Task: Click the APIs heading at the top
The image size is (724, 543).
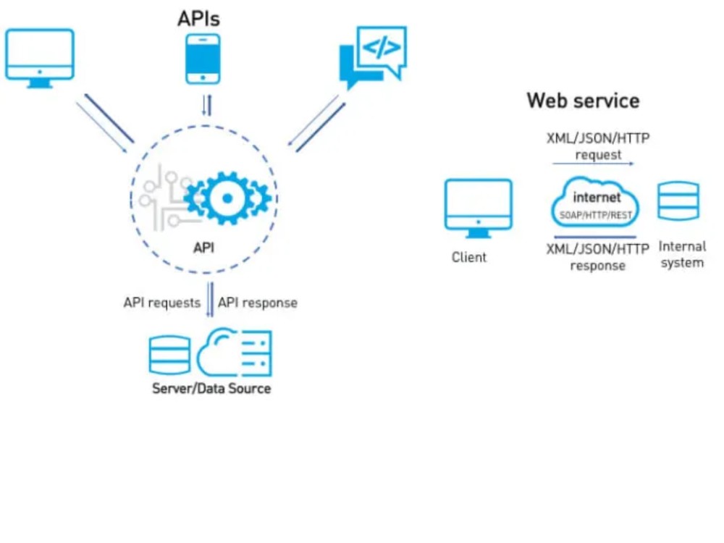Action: click(198, 19)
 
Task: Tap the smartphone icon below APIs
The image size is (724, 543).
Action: click(203, 59)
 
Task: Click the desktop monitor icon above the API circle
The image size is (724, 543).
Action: click(40, 58)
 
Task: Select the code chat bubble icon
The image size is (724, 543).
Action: click(373, 56)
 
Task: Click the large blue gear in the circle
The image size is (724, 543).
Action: click(227, 198)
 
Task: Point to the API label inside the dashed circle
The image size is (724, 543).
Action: click(203, 248)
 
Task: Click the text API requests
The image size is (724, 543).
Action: click(162, 303)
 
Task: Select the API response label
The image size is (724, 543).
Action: click(258, 303)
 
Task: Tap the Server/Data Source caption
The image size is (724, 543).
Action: click(211, 388)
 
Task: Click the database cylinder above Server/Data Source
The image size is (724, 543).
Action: click(169, 355)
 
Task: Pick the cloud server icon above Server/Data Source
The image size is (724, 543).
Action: click(235, 352)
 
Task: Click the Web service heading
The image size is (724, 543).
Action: click(583, 101)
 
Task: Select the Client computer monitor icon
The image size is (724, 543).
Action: click(479, 208)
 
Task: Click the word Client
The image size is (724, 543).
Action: click(469, 257)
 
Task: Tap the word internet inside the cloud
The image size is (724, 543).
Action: click(597, 198)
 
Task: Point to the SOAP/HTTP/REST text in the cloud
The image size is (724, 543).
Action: click(596, 215)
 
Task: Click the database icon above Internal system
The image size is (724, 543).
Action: click(678, 201)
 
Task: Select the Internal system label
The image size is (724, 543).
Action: click(682, 254)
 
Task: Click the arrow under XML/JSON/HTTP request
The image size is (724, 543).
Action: click(594, 164)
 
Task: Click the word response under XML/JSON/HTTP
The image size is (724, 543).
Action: click(597, 266)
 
